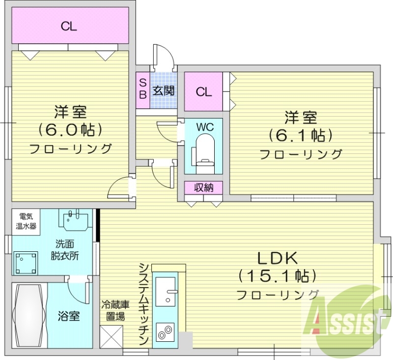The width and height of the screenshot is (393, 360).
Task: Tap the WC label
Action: coord(204,126)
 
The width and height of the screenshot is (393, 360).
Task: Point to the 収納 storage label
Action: coord(203,187)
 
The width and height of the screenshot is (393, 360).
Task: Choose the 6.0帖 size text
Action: coord(71,130)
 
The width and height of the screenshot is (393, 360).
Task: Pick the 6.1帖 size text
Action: coord(300,135)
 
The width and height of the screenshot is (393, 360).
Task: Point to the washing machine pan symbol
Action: coord(26,263)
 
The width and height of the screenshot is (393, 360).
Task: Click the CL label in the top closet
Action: coord(69,27)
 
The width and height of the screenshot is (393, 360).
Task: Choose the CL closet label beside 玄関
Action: coord(203,91)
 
